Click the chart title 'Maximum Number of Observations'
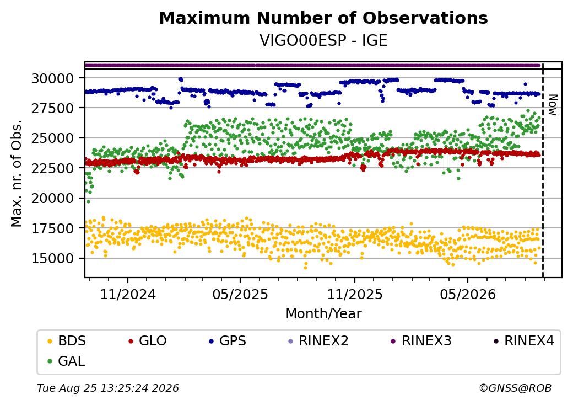pyautogui.click(x=323, y=18)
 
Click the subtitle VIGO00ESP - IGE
pyautogui.click(x=323, y=41)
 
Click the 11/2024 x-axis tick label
pyautogui.click(x=128, y=294)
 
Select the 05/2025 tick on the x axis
pyautogui.click(x=240, y=294)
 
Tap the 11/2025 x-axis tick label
pyautogui.click(x=354, y=294)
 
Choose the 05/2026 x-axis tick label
pyautogui.click(x=468, y=294)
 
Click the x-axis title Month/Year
pyautogui.click(x=323, y=314)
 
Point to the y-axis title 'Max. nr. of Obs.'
pyautogui.click(x=17, y=173)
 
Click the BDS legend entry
pyautogui.click(x=67, y=341)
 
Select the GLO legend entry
pyautogui.click(x=148, y=341)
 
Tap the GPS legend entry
pyautogui.click(x=228, y=341)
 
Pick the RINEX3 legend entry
pyautogui.click(x=421, y=341)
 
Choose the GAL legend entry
pyautogui.click(x=67, y=361)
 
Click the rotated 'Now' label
pyautogui.click(x=553, y=105)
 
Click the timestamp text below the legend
pyautogui.click(x=108, y=388)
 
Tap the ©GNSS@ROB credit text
pyautogui.click(x=515, y=388)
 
